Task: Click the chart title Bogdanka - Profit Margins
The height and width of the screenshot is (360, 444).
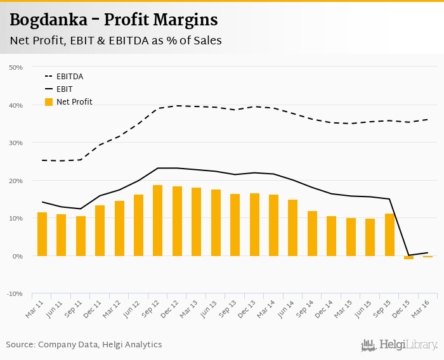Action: (114, 20)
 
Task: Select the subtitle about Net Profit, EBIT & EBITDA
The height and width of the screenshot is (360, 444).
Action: (115, 41)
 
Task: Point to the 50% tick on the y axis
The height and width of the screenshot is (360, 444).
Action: (15, 67)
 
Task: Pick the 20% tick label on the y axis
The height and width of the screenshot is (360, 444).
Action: (15, 181)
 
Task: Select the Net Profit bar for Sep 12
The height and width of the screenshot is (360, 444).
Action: (158, 221)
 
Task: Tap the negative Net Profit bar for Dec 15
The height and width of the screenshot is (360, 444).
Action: (408, 258)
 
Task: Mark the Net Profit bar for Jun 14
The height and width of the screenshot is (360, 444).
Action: (292, 228)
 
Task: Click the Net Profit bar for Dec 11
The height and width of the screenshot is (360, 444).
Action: (100, 231)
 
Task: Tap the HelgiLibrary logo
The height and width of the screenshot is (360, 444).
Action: (399, 345)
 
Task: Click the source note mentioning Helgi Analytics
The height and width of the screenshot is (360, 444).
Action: (84, 345)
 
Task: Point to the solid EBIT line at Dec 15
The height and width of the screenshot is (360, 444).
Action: (408, 255)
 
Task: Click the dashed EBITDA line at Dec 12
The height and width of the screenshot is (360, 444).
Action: (177, 106)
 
